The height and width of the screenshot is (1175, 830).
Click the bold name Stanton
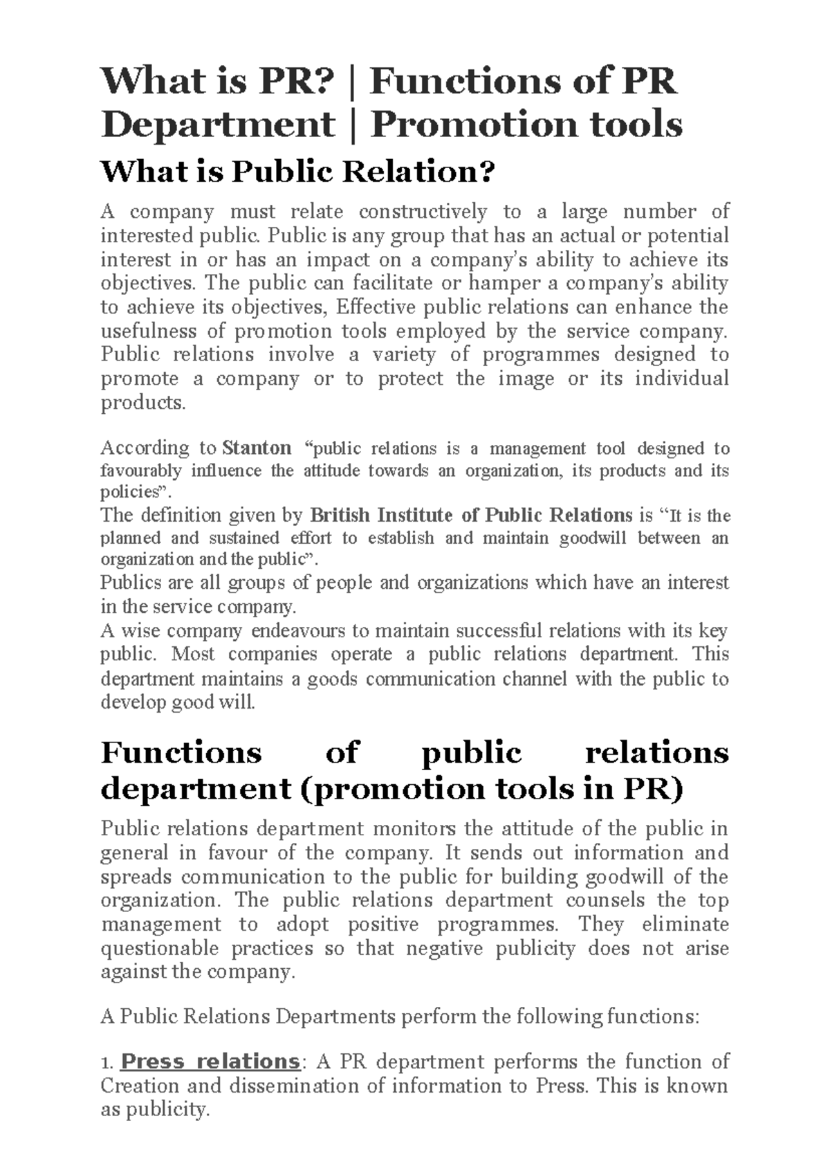tap(257, 448)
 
